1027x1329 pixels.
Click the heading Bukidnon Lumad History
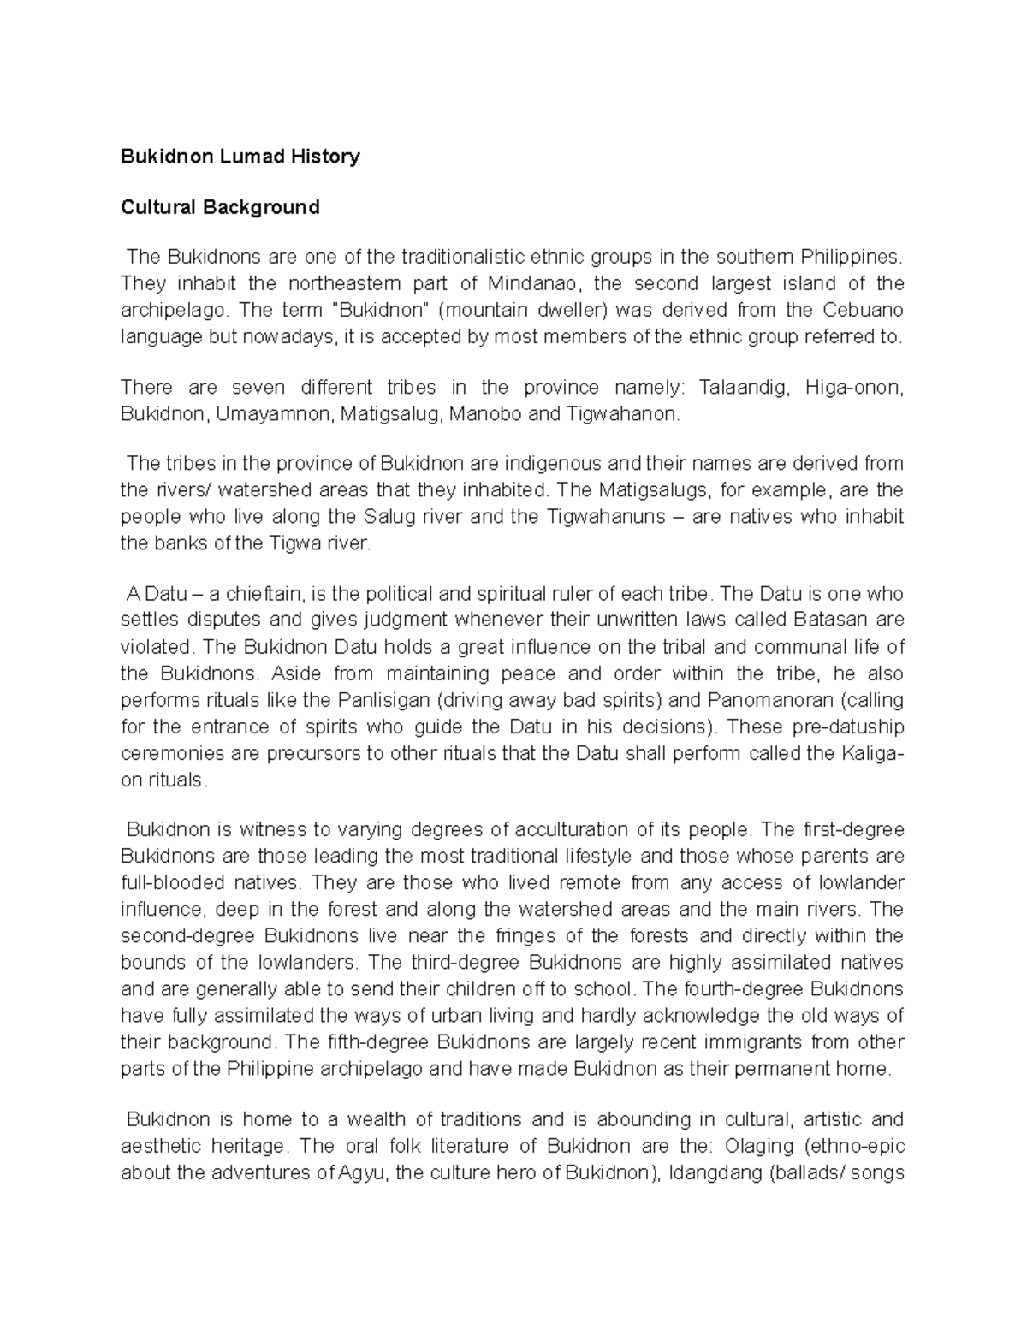(240, 157)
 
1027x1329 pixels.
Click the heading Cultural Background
(221, 207)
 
